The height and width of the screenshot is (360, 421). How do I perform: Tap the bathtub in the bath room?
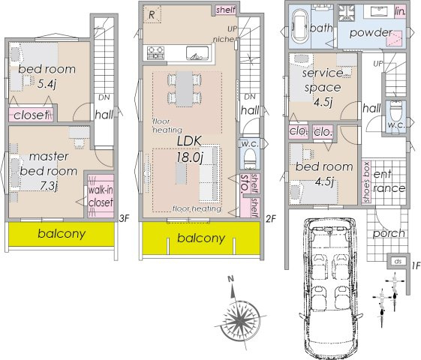[x=299, y=26]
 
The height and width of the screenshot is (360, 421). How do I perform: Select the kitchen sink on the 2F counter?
[x=197, y=52]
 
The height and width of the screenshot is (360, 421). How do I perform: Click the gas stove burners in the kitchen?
[x=155, y=52]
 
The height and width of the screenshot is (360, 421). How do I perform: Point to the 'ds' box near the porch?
[x=398, y=261]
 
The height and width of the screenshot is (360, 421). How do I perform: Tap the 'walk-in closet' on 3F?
[x=101, y=196]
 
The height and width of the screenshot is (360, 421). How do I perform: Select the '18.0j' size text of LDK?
[x=189, y=157]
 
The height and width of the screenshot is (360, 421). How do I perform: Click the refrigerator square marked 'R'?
[x=152, y=14]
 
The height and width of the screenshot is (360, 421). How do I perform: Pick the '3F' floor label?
[x=125, y=218]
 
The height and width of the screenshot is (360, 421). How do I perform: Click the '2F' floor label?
[x=271, y=219]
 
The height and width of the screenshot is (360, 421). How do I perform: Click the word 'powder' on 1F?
[x=371, y=33]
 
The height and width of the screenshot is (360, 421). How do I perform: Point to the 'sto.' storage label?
[x=245, y=184]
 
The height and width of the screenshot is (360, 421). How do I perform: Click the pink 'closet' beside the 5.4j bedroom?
[x=31, y=115]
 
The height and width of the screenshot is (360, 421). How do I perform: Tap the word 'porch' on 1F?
[x=389, y=233]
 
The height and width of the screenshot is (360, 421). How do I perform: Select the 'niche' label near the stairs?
[x=224, y=40]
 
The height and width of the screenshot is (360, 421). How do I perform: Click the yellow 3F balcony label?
[x=62, y=234]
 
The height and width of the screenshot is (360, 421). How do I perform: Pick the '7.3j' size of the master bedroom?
[x=48, y=186]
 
